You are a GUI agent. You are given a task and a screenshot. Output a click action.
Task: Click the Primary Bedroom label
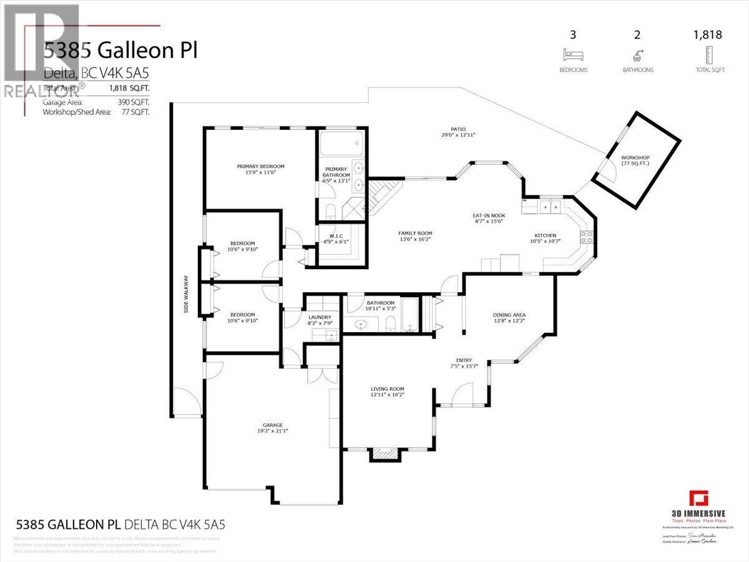[x=260, y=166]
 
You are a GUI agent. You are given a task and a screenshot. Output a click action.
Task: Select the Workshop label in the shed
[x=635, y=157]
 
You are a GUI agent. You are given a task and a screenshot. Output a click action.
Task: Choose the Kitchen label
[x=544, y=235]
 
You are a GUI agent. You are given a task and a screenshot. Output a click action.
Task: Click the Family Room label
[x=415, y=234]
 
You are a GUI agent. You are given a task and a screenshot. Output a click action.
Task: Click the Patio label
[x=459, y=129]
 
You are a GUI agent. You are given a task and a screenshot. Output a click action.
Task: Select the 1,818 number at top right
[x=708, y=35]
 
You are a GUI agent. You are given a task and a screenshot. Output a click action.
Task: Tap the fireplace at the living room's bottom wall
[x=383, y=455]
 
